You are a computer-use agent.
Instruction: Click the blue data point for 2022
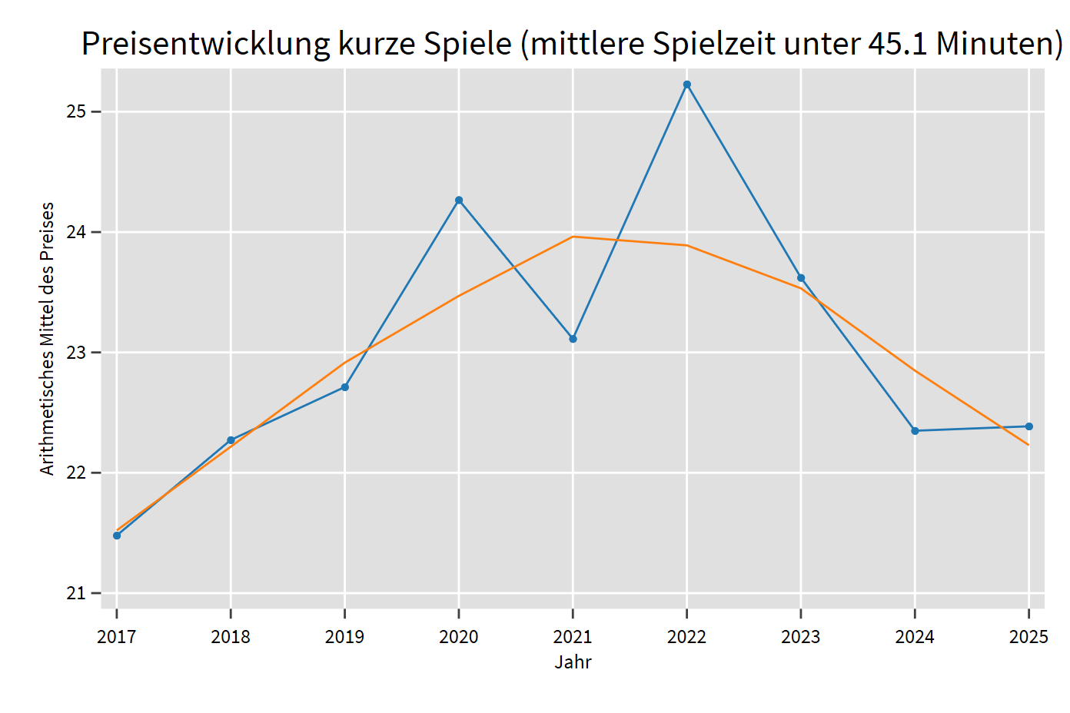click(x=686, y=85)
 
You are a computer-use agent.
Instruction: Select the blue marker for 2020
click(x=459, y=201)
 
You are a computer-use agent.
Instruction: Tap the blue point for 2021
click(x=573, y=339)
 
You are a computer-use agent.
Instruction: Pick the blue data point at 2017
click(x=117, y=536)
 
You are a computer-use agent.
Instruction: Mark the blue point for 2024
click(x=915, y=431)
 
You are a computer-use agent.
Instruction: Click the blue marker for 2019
click(x=345, y=387)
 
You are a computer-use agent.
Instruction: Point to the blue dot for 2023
click(x=801, y=278)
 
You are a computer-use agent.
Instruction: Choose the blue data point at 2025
click(x=1028, y=426)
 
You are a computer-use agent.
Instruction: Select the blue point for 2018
click(x=231, y=440)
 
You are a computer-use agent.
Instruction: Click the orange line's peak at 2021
click(x=573, y=237)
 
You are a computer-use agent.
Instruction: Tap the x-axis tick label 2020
click(x=459, y=637)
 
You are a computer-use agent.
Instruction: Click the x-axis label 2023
click(x=801, y=637)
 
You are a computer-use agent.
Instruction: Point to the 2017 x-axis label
click(x=117, y=637)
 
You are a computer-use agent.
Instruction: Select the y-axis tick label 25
click(x=75, y=112)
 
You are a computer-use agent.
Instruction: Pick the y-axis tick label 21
click(x=75, y=593)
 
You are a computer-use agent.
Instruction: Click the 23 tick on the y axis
click(x=75, y=353)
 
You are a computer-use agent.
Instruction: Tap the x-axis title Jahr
click(x=573, y=662)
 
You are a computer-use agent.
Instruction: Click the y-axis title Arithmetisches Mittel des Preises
click(x=48, y=339)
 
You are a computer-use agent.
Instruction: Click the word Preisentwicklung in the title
click(x=205, y=44)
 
